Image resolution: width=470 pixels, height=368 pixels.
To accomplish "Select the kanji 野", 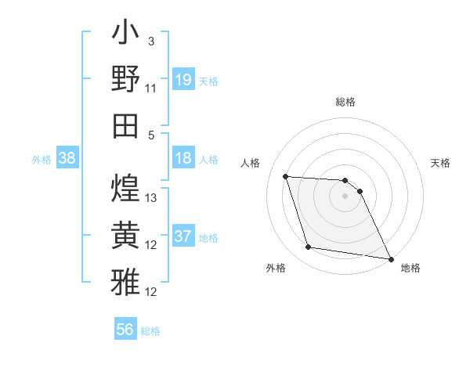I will point(125,79).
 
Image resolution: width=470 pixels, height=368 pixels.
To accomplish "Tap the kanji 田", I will point(125,125).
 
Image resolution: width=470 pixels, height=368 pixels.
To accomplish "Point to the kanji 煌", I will point(125,188).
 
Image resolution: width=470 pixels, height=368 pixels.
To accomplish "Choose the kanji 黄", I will point(125,234).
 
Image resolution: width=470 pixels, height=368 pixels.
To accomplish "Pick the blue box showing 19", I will point(183,79).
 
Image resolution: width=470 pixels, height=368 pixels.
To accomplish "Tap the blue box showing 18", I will point(183,159).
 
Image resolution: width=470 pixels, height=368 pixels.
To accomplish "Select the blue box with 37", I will point(183,236).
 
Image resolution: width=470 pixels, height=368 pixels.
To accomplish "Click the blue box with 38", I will point(67,159).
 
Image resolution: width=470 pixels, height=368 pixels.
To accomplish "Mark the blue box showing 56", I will point(125,330).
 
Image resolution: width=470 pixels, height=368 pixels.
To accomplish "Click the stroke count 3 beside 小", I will point(151,41).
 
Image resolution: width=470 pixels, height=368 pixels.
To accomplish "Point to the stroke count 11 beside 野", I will point(151,88).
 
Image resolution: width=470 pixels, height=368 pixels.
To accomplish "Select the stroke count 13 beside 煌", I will point(152,198).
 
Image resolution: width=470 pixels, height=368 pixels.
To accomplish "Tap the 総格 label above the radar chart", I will point(345,102).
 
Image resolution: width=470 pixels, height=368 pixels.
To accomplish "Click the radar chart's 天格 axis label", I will point(440,163).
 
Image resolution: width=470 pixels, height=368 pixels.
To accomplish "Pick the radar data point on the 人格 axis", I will point(286,176).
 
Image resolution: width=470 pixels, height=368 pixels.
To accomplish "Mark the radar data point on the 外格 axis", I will point(309,247).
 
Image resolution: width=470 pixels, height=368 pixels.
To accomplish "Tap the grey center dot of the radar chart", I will point(345,196).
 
